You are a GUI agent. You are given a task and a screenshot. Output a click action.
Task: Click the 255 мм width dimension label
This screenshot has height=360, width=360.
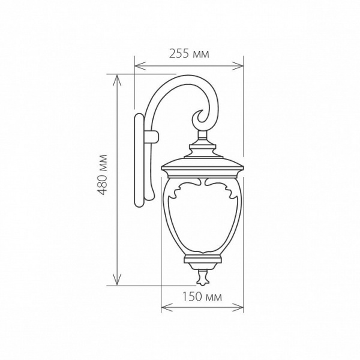(x=189, y=54)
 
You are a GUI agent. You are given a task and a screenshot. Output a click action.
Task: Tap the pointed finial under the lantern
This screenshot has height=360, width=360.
(x=202, y=278)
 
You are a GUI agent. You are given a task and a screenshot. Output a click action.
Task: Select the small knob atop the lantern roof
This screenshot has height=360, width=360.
(x=202, y=145)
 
